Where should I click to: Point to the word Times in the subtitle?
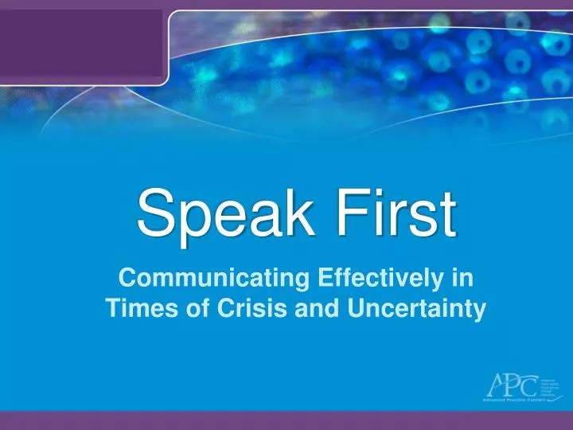pos(134,309)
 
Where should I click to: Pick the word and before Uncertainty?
pos(317,309)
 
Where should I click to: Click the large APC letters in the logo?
pos(513,385)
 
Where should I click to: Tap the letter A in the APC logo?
pos(496,385)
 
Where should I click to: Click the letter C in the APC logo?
pos(528,386)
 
